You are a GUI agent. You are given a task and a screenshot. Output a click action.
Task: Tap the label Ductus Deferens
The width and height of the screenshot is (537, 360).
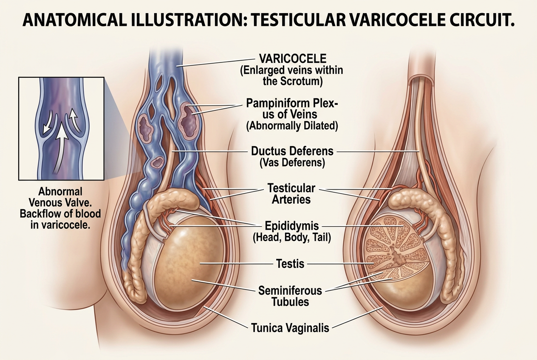click(x=292, y=151)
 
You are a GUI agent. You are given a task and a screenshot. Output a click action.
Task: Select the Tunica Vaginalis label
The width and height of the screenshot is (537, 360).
click(x=290, y=328)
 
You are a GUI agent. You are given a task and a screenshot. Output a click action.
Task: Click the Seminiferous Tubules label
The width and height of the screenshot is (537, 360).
click(x=290, y=296)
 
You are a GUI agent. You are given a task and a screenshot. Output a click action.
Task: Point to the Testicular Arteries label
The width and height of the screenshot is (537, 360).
click(x=291, y=194)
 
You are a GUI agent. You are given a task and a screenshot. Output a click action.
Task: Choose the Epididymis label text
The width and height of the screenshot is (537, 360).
click(x=292, y=225)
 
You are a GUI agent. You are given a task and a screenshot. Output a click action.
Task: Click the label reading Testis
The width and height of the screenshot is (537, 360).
click(x=290, y=264)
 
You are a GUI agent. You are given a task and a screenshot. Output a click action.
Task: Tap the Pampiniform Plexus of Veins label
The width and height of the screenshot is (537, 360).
click(x=292, y=109)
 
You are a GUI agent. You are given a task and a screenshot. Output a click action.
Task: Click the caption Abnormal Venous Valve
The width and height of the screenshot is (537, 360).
click(x=60, y=197)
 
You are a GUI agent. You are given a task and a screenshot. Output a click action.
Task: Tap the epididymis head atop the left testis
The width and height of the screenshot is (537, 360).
click(x=173, y=200)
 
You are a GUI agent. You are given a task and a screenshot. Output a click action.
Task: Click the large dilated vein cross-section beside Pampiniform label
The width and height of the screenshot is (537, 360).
click(x=189, y=120)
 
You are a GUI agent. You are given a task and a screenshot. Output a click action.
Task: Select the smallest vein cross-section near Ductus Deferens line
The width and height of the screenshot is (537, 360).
click(x=157, y=162)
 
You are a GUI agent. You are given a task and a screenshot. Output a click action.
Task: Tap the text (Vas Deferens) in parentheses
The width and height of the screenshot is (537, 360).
click(x=292, y=163)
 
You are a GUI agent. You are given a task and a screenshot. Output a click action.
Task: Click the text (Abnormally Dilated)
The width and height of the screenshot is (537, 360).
click(x=292, y=126)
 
